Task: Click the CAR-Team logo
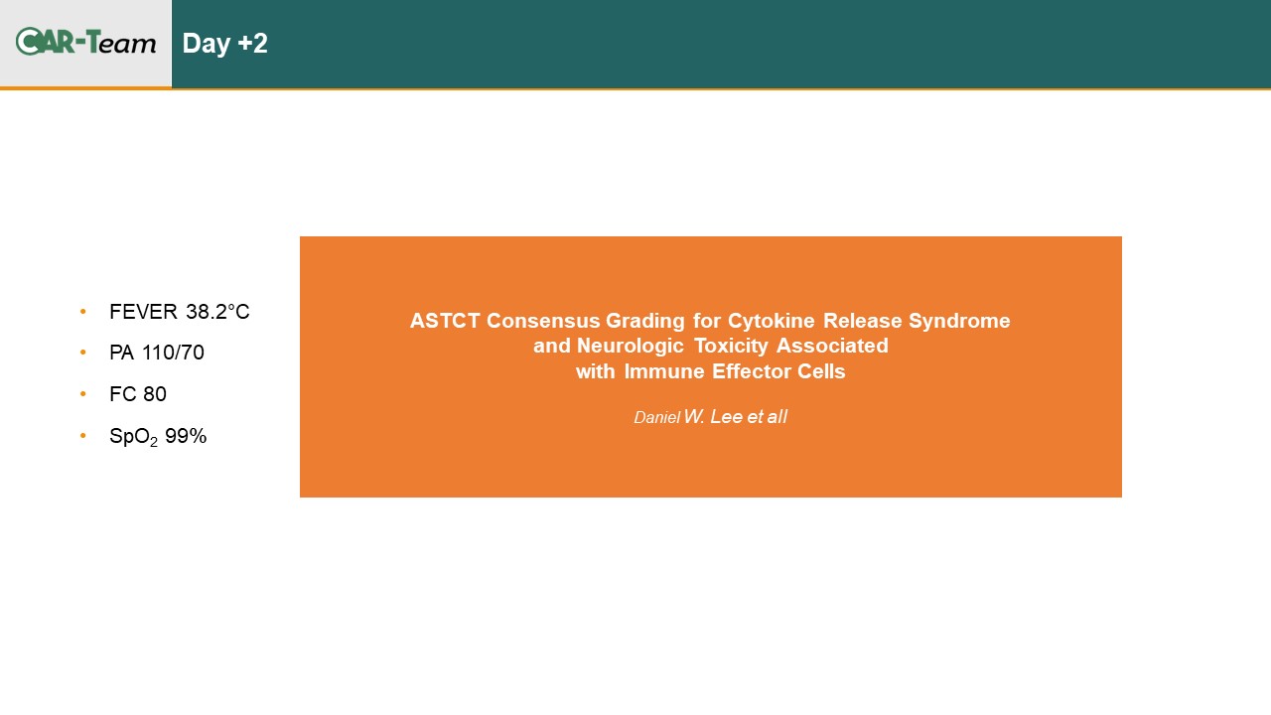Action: coord(85,42)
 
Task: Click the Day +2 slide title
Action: coord(224,44)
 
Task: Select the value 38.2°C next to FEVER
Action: coord(217,312)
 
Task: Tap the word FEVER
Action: coord(143,312)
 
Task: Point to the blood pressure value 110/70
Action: coord(173,353)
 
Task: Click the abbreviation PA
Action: coord(121,353)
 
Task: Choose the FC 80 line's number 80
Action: coord(154,394)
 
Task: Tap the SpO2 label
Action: coord(133,437)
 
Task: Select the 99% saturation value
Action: coord(186,436)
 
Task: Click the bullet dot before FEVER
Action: coord(83,312)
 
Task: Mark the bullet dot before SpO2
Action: coord(83,436)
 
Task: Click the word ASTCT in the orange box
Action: coord(445,321)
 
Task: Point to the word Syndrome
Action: coord(959,321)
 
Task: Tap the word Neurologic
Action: coord(630,347)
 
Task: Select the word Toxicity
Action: coord(731,347)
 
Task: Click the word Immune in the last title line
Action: coord(663,371)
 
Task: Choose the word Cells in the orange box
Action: coord(821,371)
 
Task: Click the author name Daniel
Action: coord(656,418)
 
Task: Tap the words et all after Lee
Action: coord(768,416)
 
